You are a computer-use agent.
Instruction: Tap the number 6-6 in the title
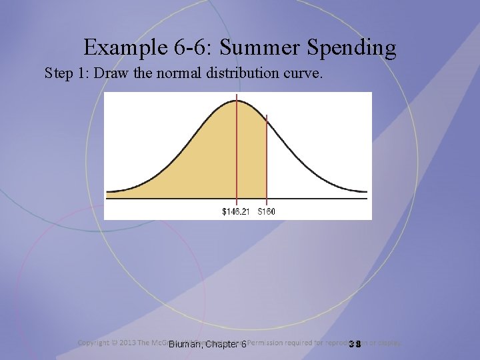point(191,48)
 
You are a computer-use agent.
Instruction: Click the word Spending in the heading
point(349,48)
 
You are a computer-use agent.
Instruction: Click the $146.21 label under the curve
point(236,211)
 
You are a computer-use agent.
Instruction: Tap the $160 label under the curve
point(267,211)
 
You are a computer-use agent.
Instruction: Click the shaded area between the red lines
point(251,160)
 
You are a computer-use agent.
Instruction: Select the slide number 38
point(354,344)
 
